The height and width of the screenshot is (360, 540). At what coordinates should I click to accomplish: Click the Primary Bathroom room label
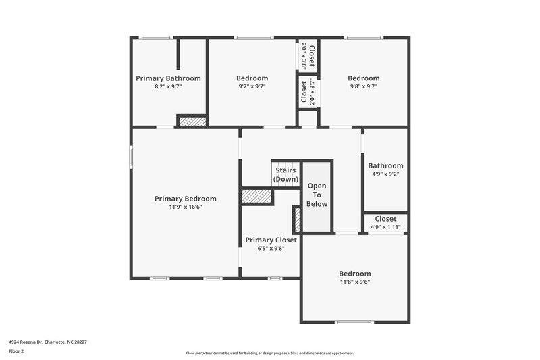pyautogui.click(x=168, y=78)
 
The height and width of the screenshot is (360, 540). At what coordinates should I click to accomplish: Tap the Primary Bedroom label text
pyautogui.click(x=186, y=199)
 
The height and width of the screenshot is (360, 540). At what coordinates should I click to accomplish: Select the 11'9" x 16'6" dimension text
pyautogui.click(x=186, y=207)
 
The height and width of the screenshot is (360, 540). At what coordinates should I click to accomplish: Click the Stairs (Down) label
pyautogui.click(x=286, y=174)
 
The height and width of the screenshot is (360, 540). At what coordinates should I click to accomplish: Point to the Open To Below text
pyautogui.click(x=317, y=195)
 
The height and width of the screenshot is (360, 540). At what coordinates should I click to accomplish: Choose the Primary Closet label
pyautogui.click(x=271, y=240)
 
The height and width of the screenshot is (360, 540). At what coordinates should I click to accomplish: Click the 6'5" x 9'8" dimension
pyautogui.click(x=271, y=248)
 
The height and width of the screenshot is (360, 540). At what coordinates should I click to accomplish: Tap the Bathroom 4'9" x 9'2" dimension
pyautogui.click(x=385, y=174)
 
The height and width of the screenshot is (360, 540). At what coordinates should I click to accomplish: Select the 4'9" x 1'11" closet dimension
pyautogui.click(x=385, y=227)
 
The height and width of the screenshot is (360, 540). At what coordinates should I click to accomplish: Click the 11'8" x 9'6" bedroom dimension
pyautogui.click(x=354, y=281)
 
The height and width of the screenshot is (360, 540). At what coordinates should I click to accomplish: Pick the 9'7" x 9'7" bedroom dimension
pyautogui.click(x=252, y=86)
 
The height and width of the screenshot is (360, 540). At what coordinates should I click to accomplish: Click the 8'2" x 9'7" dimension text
pyautogui.click(x=168, y=86)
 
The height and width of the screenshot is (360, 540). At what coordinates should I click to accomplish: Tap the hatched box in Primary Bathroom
pyautogui.click(x=192, y=121)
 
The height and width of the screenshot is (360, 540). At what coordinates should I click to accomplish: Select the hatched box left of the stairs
pyautogui.click(x=256, y=196)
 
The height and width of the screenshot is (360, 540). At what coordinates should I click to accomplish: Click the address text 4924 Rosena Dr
pyautogui.click(x=47, y=342)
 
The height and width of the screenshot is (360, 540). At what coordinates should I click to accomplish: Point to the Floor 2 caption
pyautogui.click(x=16, y=351)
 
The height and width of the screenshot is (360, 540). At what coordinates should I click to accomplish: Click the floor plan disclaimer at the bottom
pyautogui.click(x=270, y=353)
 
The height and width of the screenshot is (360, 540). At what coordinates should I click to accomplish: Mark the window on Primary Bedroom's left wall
pyautogui.click(x=132, y=155)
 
